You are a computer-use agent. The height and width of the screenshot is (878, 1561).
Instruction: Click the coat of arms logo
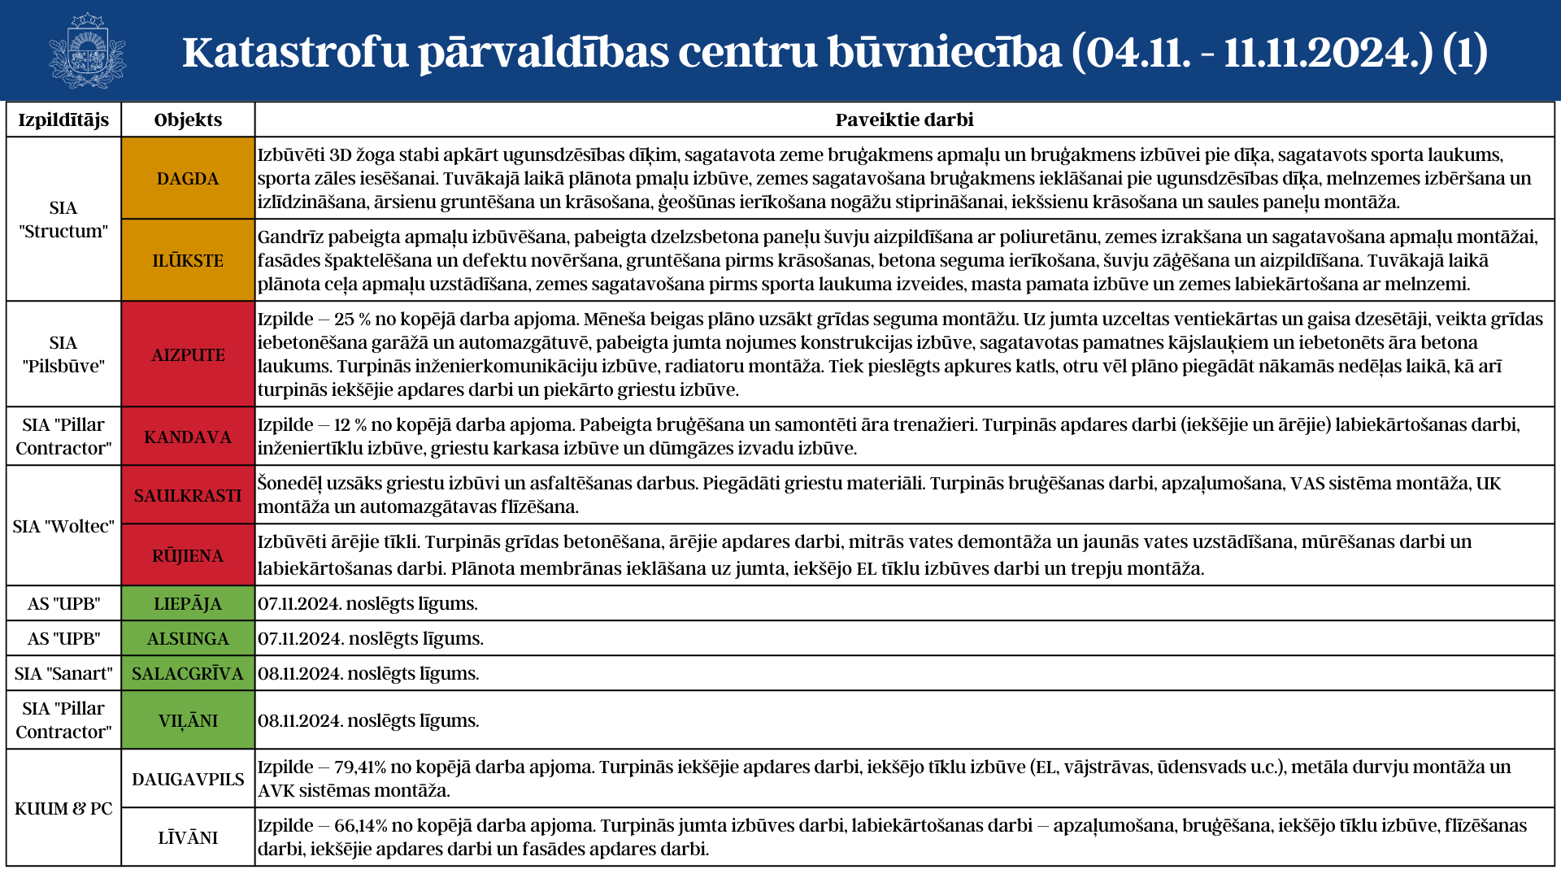pos(87,50)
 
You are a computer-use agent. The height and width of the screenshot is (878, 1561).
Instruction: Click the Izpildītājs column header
pos(63,120)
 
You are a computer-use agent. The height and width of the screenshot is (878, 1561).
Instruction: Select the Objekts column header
pos(188,120)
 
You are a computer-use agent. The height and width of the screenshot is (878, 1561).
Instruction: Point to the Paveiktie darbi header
pos(904,120)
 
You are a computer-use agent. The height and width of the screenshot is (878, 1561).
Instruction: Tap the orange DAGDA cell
pos(188,178)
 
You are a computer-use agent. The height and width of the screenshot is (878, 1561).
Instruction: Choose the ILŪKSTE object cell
pos(188,260)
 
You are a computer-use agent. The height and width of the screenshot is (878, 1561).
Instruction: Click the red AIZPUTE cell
pos(188,354)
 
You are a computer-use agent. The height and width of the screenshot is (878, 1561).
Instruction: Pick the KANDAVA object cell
pos(188,437)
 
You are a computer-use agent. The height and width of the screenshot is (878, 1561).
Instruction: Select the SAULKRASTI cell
pos(188,495)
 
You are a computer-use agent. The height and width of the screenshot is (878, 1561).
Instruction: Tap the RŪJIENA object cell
pos(188,555)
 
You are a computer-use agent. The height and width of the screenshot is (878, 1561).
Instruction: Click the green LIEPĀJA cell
pos(188,603)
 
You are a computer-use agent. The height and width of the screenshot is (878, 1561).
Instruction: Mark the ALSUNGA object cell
pos(188,638)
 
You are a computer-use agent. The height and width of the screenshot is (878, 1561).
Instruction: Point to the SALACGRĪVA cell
pos(188,673)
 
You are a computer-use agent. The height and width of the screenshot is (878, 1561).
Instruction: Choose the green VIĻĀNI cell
pos(188,720)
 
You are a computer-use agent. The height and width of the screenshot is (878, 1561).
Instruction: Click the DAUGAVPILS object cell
pos(188,779)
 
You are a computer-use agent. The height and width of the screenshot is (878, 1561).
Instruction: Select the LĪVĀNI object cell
pos(188,837)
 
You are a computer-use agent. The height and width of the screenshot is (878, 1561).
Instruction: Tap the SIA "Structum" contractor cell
pos(63,219)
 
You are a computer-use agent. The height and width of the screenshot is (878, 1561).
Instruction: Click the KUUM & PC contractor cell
pos(63,808)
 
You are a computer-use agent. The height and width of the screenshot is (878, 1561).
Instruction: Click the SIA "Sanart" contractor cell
pos(63,673)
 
